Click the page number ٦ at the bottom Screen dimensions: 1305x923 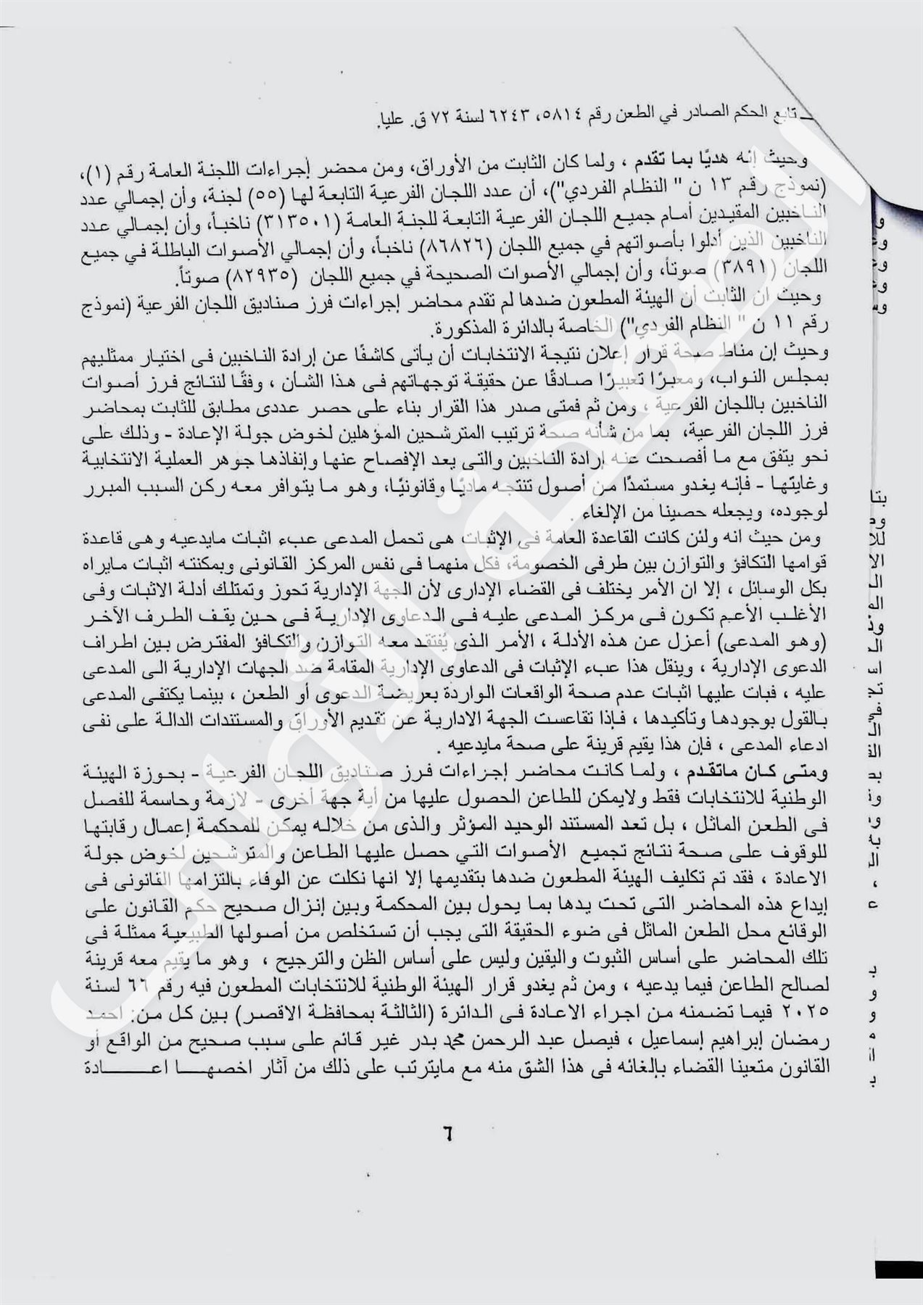click(447, 1132)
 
